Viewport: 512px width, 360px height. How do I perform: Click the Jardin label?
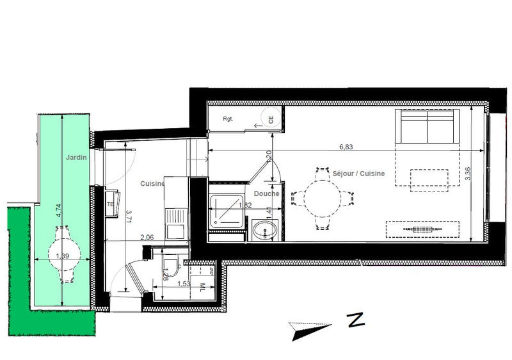(76, 157)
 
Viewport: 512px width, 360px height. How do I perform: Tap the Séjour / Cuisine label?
(359, 174)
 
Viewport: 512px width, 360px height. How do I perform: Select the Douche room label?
(266, 193)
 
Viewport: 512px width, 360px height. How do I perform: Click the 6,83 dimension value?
(346, 147)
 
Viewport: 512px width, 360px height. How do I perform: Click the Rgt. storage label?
(228, 119)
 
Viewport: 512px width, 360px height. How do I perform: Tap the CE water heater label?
(271, 119)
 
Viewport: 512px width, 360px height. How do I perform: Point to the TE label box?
(110, 204)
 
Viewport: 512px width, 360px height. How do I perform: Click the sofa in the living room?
(428, 127)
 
